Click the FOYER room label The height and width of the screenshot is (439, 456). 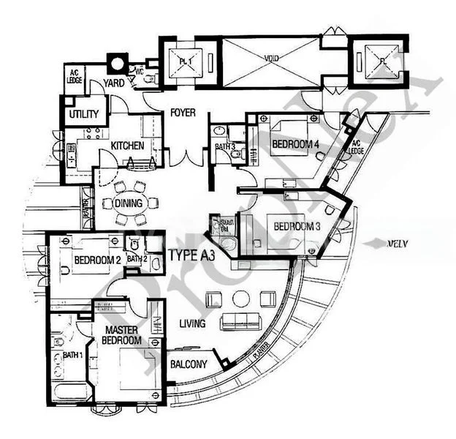[x=182, y=113]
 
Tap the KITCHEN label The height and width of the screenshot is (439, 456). [x=126, y=146]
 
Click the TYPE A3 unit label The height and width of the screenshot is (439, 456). [x=191, y=255]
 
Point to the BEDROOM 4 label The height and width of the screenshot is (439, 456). [x=295, y=145]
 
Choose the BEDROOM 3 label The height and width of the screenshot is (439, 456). [x=297, y=226]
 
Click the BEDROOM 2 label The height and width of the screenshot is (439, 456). [x=96, y=259]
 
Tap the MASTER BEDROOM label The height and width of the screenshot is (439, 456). [x=121, y=335]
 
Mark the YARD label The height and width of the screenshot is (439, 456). [x=113, y=83]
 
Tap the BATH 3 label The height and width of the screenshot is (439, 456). [x=225, y=147]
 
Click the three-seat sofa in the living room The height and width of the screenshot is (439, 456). [x=241, y=320]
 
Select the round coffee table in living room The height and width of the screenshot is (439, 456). [x=240, y=298]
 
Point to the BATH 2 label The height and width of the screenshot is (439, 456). [x=137, y=258]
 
